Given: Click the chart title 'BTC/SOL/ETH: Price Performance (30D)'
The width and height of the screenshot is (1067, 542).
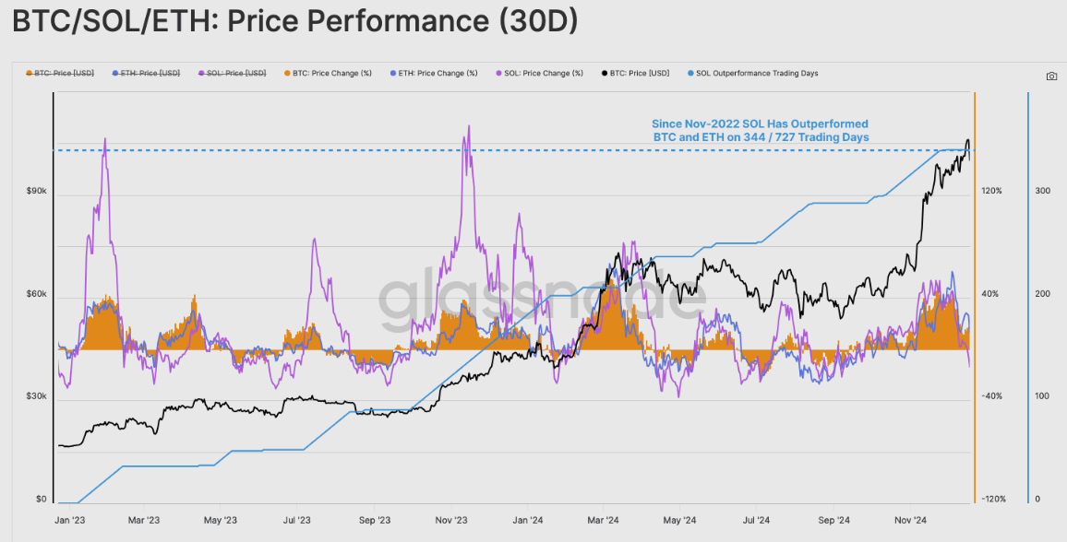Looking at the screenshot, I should [295, 22].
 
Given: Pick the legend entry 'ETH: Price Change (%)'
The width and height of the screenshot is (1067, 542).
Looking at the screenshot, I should [438, 73].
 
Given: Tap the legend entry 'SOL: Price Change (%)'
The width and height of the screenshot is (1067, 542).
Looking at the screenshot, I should [544, 73].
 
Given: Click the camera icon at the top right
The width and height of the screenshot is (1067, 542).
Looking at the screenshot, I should [1051, 76].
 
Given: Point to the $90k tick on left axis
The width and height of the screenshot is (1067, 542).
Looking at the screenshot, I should [36, 191].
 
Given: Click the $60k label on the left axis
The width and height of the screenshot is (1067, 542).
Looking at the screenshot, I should [36, 294].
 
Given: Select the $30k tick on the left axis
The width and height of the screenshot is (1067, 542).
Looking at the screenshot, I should [36, 396].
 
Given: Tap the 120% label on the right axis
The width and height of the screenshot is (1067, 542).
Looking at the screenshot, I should [991, 191].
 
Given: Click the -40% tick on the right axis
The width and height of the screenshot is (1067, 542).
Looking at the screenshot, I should [991, 396].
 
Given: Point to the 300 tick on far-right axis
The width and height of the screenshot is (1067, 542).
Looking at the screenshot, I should [1043, 191].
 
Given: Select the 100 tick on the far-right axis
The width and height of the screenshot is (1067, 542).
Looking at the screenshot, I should [1043, 396].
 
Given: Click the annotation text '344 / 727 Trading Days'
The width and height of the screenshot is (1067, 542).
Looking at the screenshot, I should [761, 136].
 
